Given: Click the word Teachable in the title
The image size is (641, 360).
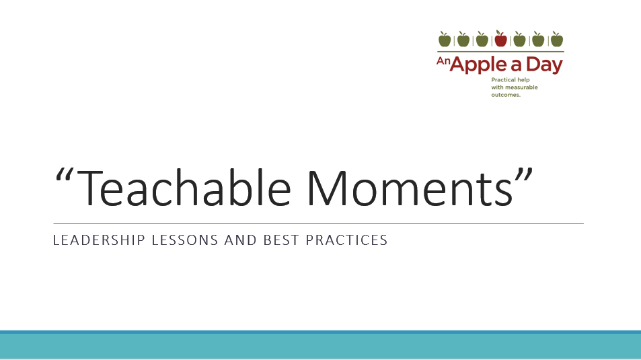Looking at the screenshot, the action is (184, 188).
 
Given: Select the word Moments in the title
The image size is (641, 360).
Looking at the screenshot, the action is (410, 188).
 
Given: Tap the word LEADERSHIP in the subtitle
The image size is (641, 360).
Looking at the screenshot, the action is (99, 240).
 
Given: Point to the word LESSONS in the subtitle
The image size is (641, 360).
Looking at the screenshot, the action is (185, 240).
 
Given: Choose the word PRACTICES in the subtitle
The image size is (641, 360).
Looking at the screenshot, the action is (346, 240).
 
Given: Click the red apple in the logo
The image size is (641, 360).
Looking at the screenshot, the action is (500, 39).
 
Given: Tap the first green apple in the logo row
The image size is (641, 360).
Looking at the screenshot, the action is (445, 39).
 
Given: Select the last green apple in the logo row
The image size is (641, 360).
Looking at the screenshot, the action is (557, 39).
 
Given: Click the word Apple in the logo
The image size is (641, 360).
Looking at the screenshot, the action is (478, 65).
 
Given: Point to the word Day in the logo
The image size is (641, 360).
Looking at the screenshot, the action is (545, 65).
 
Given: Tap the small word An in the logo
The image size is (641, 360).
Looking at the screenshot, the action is (443, 61).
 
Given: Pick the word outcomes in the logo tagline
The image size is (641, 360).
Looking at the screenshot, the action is (506, 95).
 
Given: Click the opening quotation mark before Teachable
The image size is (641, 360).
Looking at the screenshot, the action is (64, 174).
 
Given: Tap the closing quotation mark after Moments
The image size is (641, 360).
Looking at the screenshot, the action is (524, 174).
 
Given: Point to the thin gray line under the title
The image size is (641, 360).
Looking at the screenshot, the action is (318, 224).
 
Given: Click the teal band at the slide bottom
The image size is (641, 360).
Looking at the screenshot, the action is (320, 345).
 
